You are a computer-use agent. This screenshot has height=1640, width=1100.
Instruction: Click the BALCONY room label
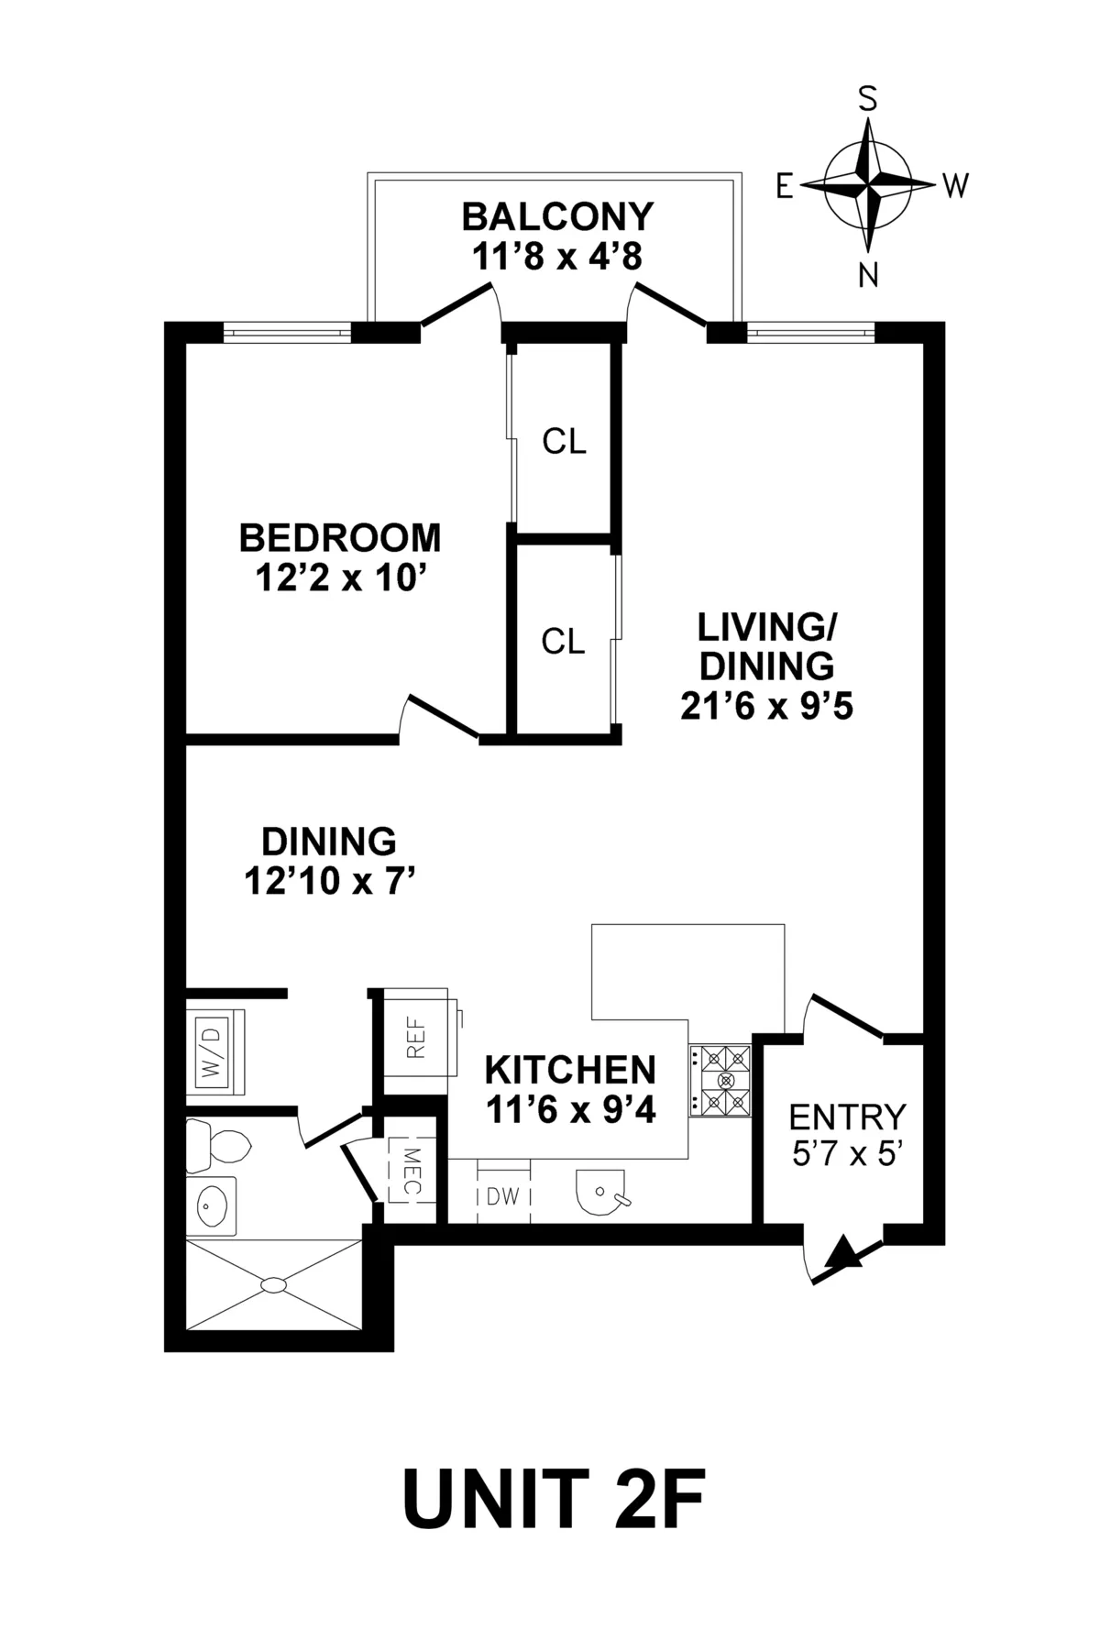pyautogui.click(x=557, y=216)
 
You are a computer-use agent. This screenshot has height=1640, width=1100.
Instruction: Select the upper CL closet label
pyautogui.click(x=564, y=442)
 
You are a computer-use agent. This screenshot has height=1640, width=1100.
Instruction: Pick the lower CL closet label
pyautogui.click(x=563, y=642)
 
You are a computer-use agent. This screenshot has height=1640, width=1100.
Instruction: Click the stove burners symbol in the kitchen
pyautogui.click(x=720, y=1080)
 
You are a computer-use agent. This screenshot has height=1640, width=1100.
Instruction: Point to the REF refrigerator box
pyautogui.click(x=418, y=1041)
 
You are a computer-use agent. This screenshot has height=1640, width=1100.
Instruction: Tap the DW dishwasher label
pyautogui.click(x=503, y=1196)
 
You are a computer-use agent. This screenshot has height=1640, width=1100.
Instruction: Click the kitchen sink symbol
pyautogui.click(x=600, y=1192)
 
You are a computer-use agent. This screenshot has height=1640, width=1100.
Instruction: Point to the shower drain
pyautogui.click(x=273, y=1285)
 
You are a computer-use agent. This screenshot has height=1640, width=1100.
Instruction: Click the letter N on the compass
pyautogui.click(x=867, y=275)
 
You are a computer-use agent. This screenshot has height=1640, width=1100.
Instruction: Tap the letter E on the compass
pyautogui.click(x=785, y=187)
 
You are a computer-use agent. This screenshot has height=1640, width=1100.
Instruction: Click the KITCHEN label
pyautogui.click(x=569, y=1070)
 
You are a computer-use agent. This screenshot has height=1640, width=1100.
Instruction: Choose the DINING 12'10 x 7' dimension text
pyautogui.click(x=331, y=882)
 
